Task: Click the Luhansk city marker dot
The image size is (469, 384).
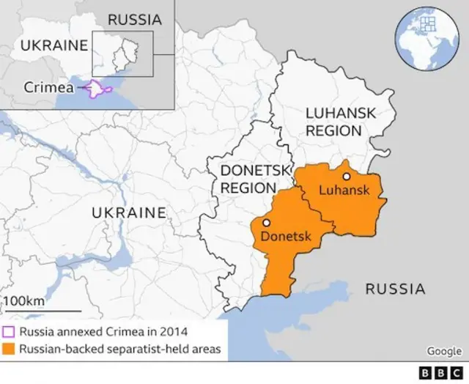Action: (x=346, y=177)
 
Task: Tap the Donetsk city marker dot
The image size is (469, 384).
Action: (x=267, y=223)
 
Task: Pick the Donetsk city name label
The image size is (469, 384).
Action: (x=286, y=237)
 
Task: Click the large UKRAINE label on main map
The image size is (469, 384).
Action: (x=128, y=213)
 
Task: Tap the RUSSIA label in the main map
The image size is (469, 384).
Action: (x=394, y=288)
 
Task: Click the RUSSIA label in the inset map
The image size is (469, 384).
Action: (x=135, y=20)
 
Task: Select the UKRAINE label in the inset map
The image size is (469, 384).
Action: (x=53, y=45)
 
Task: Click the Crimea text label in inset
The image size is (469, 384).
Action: (x=48, y=86)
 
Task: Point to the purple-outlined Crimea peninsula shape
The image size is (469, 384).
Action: (x=98, y=89)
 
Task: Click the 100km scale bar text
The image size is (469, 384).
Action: (x=24, y=302)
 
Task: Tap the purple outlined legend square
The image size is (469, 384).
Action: (x=9, y=331)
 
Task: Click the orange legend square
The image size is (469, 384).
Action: (x=9, y=349)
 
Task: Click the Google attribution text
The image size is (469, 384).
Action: (x=444, y=351)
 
